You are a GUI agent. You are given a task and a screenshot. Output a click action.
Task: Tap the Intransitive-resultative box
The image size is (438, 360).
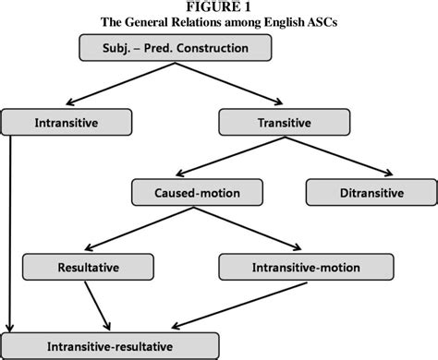point(111,346)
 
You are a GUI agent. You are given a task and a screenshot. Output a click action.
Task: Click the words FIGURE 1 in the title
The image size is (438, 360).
point(220,7)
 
